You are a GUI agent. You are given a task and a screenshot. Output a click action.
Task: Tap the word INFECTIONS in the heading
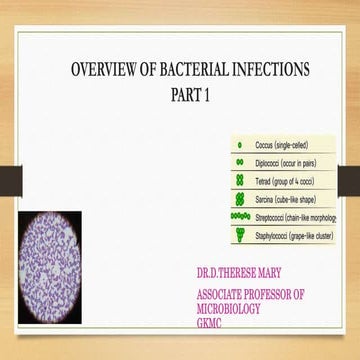[x=274, y=72]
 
